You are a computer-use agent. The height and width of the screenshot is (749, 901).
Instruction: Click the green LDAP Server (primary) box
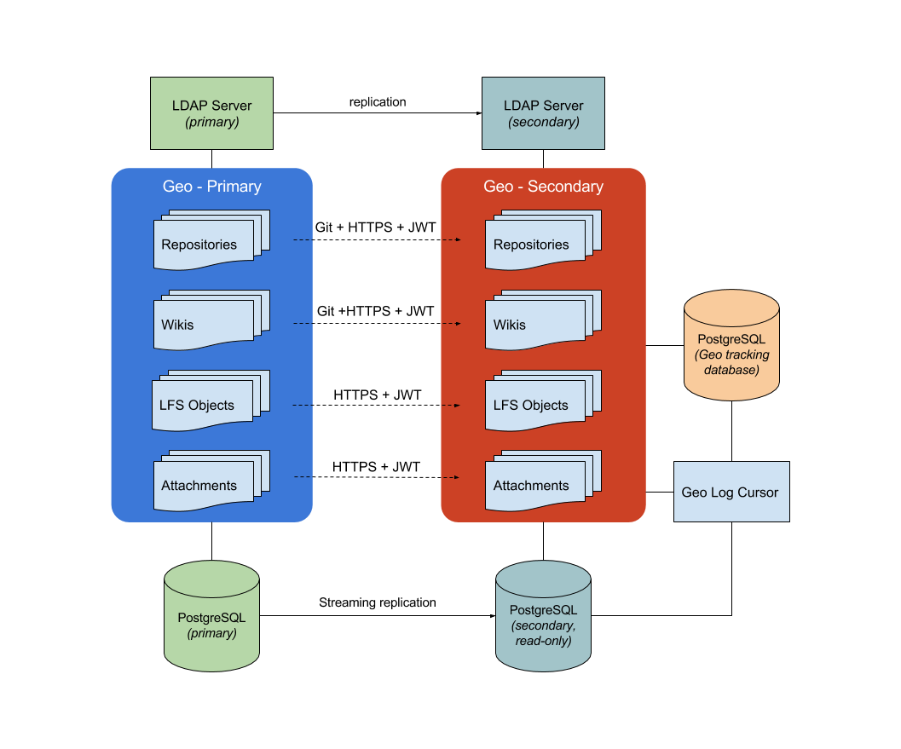point(211,113)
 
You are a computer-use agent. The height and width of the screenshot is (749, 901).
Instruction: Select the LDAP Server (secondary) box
point(543,113)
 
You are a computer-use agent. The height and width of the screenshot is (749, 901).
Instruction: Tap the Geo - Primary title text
point(211,187)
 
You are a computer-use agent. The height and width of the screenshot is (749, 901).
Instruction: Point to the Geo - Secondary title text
point(543,187)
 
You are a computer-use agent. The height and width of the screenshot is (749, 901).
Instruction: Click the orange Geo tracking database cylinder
point(731,346)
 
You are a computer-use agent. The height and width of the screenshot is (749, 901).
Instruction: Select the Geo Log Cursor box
point(731,492)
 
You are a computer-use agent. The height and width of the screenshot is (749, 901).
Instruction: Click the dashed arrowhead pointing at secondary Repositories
point(458,240)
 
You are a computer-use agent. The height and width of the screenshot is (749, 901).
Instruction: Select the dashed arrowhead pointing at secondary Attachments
point(458,477)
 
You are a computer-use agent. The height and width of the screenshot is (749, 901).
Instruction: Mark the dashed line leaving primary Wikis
point(303,324)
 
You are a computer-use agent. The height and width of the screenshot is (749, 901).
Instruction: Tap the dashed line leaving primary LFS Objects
point(303,406)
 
